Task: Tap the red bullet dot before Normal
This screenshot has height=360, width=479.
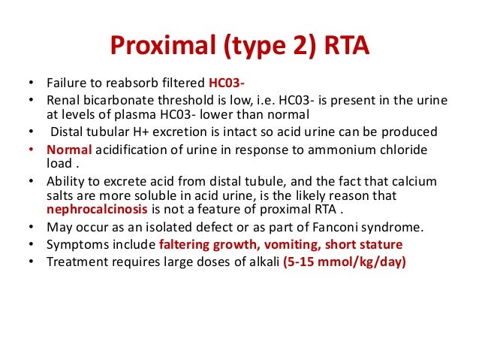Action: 30,150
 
